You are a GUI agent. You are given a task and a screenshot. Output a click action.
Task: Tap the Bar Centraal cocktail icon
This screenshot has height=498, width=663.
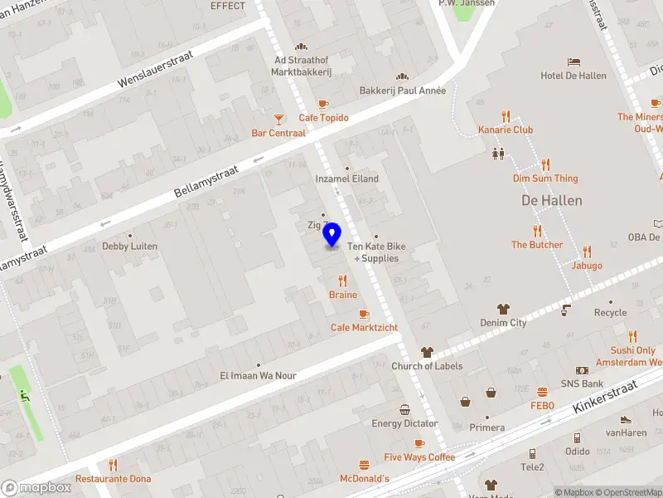(x=279, y=120)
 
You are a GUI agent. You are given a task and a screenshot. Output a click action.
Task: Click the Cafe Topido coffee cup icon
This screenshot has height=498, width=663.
(x=323, y=105)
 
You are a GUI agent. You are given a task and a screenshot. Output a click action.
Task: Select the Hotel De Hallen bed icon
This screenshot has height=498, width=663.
(x=573, y=61)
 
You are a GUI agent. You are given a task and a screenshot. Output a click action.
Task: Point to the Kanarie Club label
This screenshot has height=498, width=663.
(x=506, y=130)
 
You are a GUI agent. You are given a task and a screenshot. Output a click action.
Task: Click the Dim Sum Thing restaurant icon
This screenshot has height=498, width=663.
(x=545, y=164)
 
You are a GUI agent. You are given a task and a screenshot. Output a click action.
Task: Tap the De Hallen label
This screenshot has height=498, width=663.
(x=551, y=201)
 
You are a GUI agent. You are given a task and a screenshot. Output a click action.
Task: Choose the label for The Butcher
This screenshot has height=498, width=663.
(x=536, y=245)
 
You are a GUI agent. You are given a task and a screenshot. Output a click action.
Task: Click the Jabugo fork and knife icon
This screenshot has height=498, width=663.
(x=587, y=251)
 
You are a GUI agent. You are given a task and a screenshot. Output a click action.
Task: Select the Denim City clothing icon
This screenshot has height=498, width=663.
(x=503, y=309)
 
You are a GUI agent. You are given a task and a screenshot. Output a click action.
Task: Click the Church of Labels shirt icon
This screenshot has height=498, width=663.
(x=427, y=352)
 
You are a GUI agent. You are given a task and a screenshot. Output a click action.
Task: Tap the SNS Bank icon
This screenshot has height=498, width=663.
(x=582, y=370)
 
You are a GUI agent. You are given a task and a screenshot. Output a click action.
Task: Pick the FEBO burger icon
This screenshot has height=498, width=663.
(x=542, y=392)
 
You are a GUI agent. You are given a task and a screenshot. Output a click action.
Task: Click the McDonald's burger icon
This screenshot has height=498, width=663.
(x=364, y=465)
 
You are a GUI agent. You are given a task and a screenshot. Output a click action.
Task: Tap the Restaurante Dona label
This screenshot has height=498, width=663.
(x=114, y=479)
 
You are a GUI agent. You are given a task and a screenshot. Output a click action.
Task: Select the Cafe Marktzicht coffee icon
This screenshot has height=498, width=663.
(x=364, y=314)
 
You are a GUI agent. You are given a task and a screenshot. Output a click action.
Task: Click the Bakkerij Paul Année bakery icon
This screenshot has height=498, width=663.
(x=403, y=76)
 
